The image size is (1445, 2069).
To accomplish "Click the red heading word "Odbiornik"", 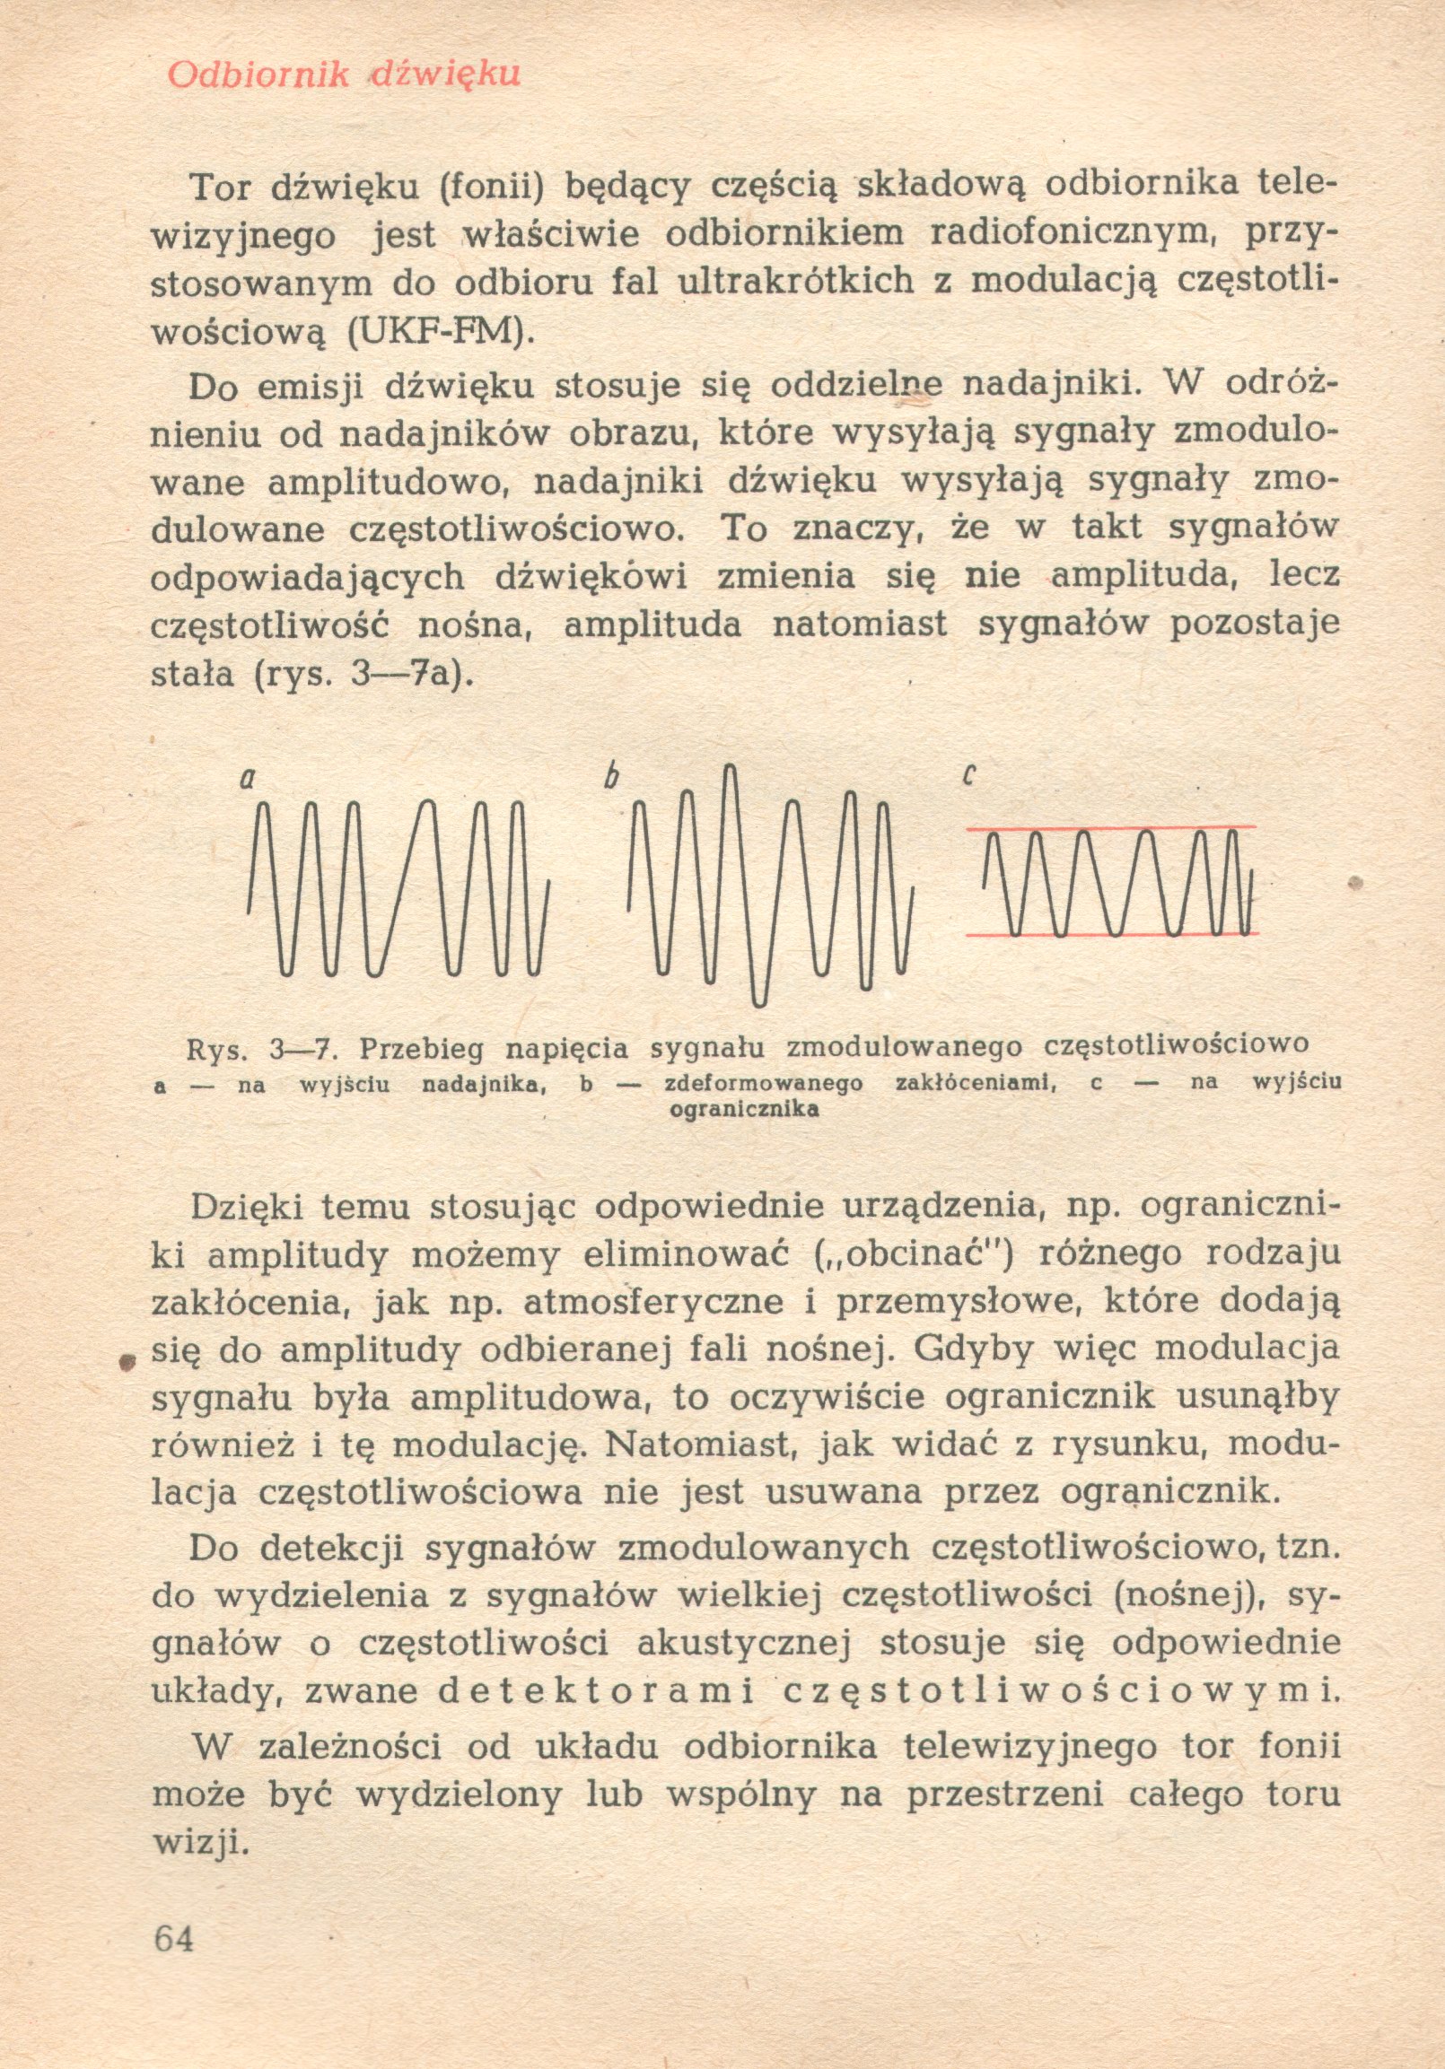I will tap(258, 74).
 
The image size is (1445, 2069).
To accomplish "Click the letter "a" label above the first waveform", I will tap(246, 777).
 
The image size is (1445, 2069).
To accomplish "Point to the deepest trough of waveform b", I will tap(759, 1000).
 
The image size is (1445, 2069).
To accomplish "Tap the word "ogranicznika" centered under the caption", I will tap(745, 1109).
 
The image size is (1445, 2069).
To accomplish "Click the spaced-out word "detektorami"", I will tap(595, 1690).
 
